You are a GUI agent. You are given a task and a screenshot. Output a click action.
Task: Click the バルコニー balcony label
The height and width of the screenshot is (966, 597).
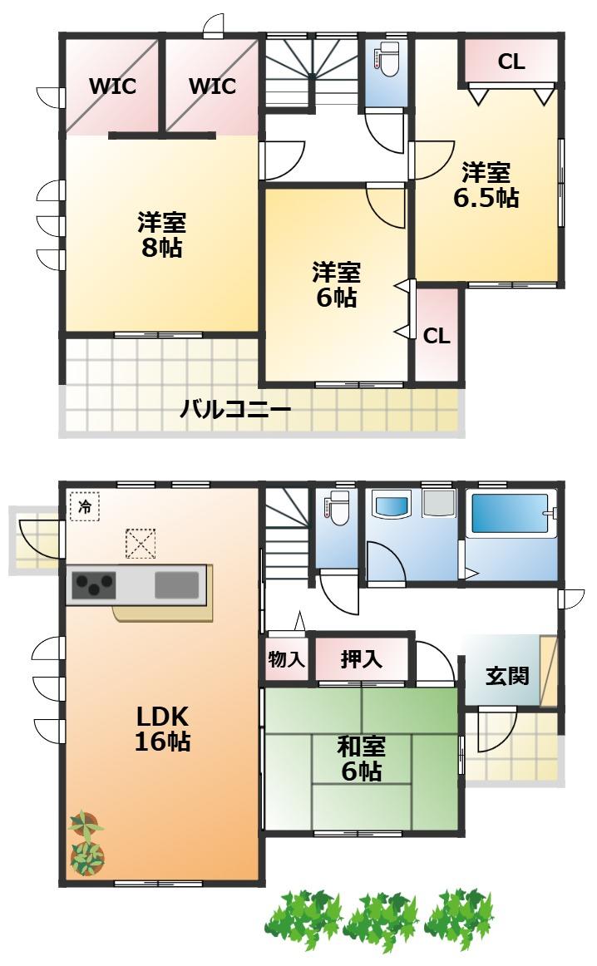(234, 408)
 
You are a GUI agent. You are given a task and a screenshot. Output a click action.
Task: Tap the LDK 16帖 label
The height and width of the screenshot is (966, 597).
(163, 728)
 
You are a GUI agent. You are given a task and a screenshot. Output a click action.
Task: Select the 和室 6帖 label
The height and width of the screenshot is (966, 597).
(361, 758)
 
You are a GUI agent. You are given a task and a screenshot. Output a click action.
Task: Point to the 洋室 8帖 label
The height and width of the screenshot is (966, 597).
(161, 234)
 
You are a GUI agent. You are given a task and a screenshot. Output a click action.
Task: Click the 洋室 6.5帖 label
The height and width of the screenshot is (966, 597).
(486, 185)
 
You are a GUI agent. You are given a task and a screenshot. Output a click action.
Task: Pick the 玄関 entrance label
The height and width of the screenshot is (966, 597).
(507, 675)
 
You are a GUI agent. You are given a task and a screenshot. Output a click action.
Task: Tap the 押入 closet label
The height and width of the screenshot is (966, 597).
(361, 659)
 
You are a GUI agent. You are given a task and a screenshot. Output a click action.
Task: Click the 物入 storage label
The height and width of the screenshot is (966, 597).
(287, 659)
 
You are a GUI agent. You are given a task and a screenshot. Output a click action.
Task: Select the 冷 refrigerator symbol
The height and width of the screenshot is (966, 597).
(85, 506)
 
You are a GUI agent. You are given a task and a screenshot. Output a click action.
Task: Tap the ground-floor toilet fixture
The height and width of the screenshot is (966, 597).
(337, 508)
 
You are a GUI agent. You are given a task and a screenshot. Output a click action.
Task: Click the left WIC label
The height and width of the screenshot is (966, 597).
(113, 86)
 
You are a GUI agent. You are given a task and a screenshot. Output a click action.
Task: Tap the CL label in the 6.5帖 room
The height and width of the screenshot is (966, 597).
(511, 62)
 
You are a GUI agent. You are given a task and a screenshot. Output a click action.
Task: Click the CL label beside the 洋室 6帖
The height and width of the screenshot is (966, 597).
(437, 336)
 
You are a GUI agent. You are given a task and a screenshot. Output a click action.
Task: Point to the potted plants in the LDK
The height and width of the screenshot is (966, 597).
(86, 844)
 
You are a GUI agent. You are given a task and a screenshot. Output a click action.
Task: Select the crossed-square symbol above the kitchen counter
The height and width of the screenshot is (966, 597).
(141, 544)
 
